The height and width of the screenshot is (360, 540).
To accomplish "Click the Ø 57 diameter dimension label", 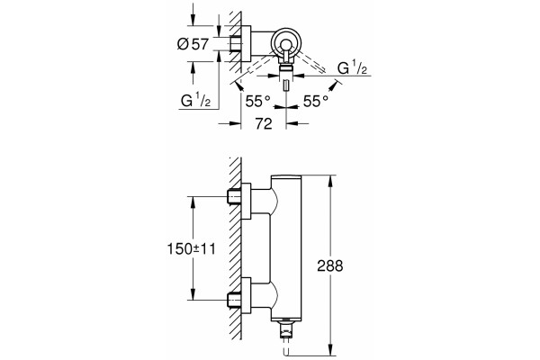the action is point(193,44).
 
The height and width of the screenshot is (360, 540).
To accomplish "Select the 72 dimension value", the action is point(264,123).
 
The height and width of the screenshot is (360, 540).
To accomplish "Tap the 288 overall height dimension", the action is point(330,265).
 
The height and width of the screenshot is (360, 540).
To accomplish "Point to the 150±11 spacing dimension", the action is point(191,248).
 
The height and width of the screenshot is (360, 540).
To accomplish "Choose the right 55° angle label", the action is point(316,102).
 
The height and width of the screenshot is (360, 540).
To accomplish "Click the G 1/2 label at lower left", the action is point(195,100).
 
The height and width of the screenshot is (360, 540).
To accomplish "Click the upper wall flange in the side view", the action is point(247,201).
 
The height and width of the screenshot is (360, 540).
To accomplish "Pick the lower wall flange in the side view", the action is point(247,295).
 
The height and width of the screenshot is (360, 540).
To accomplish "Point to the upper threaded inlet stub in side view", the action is point(234,197).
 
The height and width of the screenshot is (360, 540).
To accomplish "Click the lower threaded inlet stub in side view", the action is point(234,300).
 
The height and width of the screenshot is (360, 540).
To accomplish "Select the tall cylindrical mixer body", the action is point(286,247).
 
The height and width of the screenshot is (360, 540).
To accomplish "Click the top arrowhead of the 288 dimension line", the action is point(330,181).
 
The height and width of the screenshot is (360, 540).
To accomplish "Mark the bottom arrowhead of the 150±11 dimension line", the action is point(193,294).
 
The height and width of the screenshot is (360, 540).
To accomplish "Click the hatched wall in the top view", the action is point(236,41).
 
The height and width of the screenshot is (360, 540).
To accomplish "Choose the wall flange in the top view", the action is point(247,43).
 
